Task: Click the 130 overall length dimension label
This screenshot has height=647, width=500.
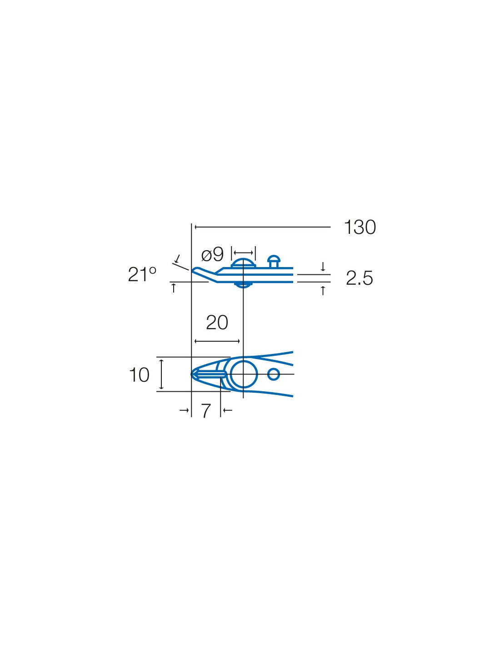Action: tap(360, 227)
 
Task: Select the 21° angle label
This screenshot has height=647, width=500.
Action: tap(142, 274)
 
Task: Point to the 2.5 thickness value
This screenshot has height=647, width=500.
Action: tap(359, 278)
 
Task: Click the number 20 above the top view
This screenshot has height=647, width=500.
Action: tap(217, 323)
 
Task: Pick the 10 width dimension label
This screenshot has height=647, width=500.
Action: tap(139, 374)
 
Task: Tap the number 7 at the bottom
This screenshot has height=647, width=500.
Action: tap(206, 411)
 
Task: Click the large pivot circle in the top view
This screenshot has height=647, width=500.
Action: tap(244, 374)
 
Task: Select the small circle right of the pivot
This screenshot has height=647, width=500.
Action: tap(273, 374)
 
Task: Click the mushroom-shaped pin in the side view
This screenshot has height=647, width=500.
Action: tap(273, 261)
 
